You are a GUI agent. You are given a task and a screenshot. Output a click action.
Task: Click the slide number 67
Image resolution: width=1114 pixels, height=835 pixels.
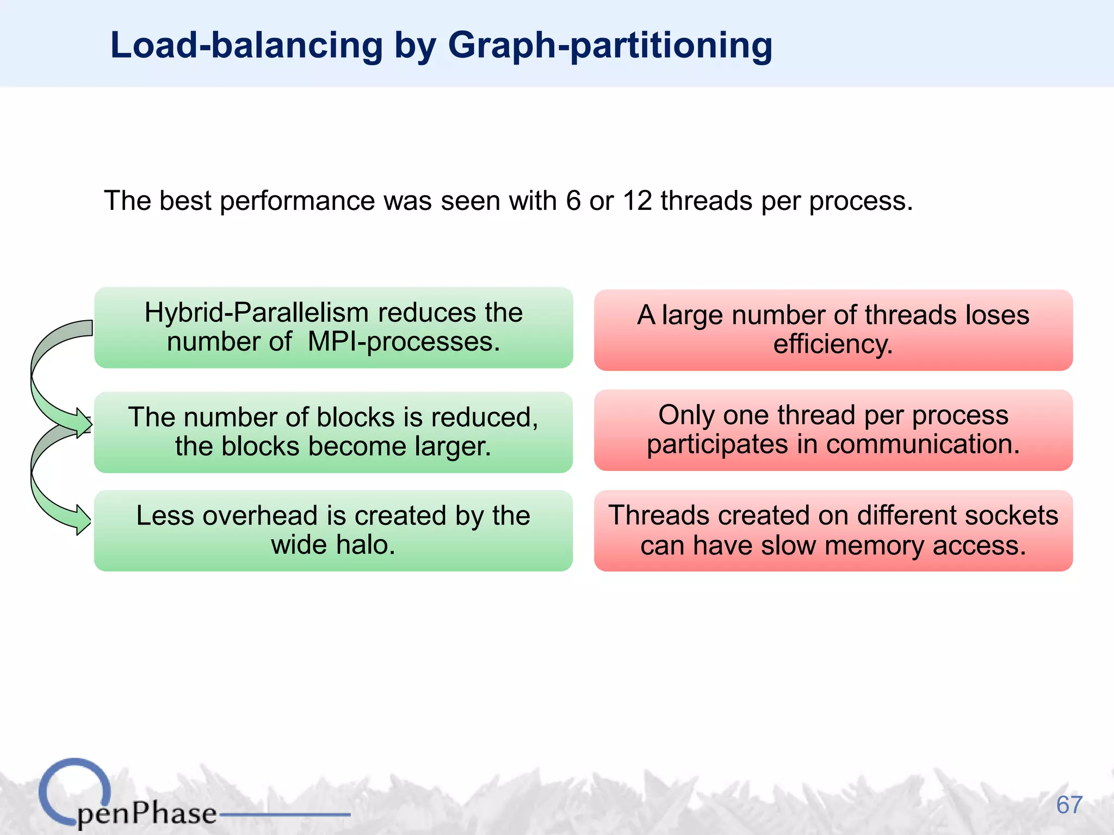1069,805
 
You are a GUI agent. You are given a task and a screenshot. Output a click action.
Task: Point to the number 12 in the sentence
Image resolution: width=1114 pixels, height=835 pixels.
637,201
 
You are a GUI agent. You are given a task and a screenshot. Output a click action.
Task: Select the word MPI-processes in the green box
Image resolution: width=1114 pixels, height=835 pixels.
404,342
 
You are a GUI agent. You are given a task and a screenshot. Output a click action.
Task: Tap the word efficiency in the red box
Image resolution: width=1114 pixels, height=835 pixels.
833,345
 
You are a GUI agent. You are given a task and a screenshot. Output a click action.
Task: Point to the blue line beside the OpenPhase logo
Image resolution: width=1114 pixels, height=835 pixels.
284,814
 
